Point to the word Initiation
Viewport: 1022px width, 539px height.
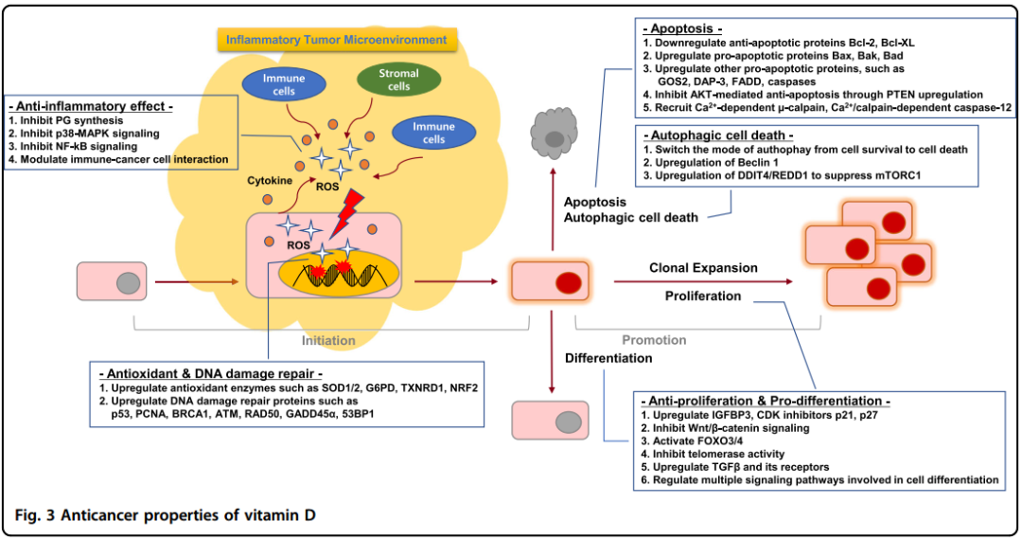pos(328,340)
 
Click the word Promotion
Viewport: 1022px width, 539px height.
pos(654,340)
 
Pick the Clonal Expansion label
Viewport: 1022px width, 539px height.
pos(703,268)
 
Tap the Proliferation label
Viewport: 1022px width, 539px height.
pos(703,296)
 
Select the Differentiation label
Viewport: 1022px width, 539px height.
pos(608,358)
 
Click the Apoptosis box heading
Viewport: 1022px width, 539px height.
pos(682,28)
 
